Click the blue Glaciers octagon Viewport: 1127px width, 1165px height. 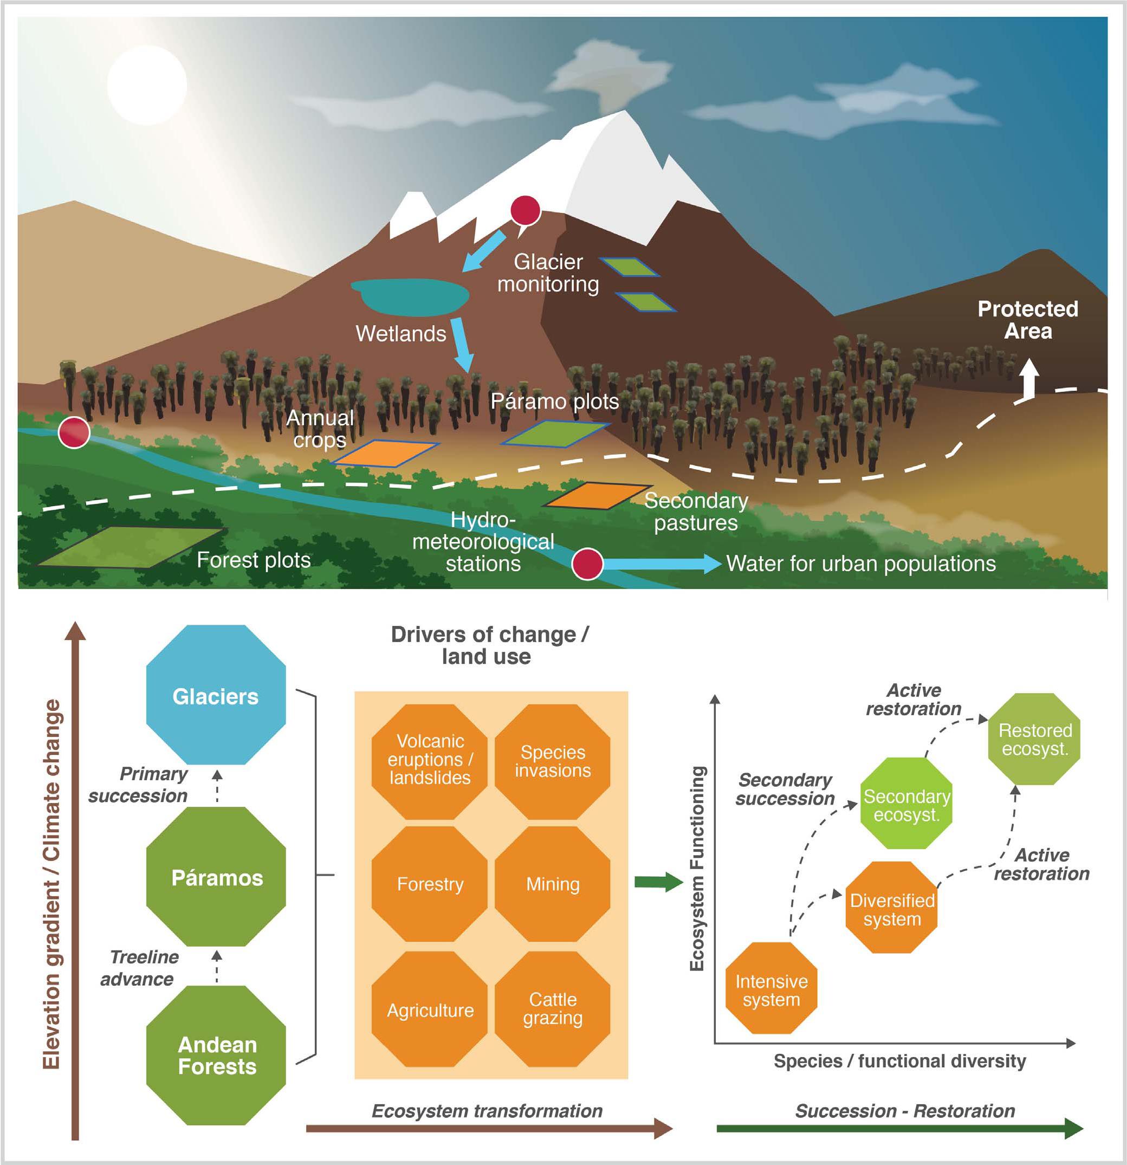216,695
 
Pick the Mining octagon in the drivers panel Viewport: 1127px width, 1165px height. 552,884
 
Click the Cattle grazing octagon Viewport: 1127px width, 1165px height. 552,1009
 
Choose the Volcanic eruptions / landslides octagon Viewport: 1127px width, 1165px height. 429,759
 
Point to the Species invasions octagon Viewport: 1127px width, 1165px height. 552,761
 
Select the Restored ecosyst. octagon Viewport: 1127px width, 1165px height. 1034,739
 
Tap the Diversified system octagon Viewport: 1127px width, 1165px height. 892,909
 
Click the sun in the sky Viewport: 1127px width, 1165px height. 147,85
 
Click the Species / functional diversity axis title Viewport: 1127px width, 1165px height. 899,1061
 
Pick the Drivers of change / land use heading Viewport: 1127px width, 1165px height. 489,645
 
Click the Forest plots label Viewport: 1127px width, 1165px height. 254,560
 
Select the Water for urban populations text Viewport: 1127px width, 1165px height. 861,564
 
